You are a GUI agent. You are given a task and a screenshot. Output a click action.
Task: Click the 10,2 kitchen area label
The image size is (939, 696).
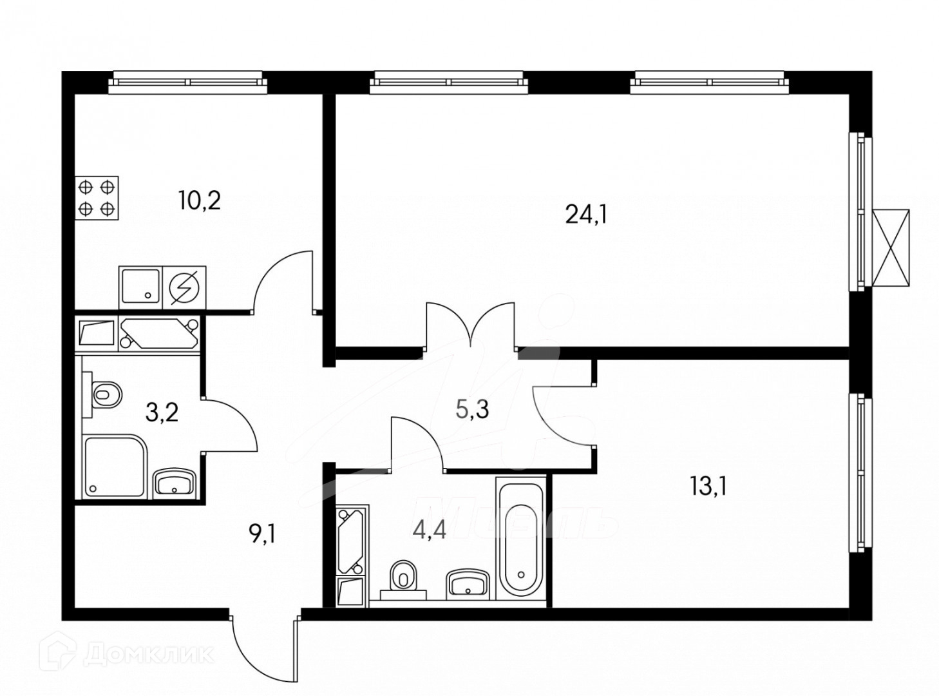[200, 201]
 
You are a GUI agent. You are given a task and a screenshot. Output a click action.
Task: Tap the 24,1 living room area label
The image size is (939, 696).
[586, 213]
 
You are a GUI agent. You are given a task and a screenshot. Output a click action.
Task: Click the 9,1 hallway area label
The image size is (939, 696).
[261, 534]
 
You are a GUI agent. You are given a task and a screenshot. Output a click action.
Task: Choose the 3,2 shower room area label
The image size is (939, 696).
[161, 411]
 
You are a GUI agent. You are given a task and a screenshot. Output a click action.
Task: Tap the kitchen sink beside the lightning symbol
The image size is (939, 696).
[140, 286]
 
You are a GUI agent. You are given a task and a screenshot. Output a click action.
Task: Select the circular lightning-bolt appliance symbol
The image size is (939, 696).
[185, 286]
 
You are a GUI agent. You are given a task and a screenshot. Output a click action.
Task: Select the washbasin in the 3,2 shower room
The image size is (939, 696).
[174, 483]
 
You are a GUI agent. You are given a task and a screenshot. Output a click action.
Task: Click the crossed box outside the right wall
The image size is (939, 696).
[892, 247]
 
